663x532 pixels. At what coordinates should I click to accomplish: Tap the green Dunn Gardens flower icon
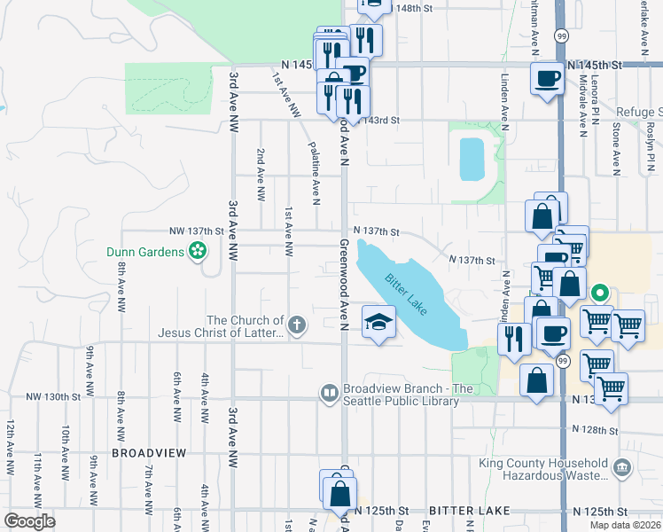tap(199, 253)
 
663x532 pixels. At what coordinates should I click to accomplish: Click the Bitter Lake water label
tap(404, 293)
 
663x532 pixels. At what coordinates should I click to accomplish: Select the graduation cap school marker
tap(378, 322)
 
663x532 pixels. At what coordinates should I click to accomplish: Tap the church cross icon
tap(298, 326)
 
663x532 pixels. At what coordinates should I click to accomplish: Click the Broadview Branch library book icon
tap(329, 392)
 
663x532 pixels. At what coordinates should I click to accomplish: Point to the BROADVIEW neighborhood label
tap(149, 452)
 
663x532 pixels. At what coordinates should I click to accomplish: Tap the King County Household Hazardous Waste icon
tap(622, 467)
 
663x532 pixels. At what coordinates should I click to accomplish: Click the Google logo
tap(29, 521)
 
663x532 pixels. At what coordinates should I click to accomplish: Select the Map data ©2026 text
tap(626, 525)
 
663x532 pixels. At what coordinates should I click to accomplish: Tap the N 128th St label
tap(594, 429)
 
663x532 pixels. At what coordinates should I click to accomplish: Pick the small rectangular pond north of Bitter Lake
tap(472, 159)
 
